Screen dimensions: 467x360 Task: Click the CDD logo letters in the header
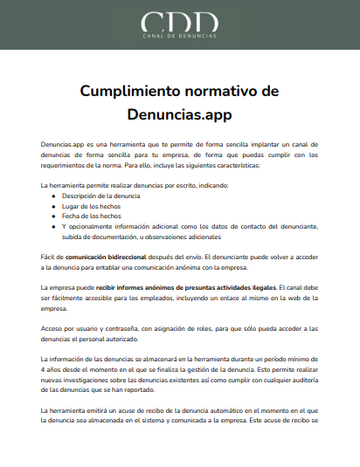180,22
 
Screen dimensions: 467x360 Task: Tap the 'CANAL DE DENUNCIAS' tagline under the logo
180,38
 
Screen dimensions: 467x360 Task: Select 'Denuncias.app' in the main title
180,113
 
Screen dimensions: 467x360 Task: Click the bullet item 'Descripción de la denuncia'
100,196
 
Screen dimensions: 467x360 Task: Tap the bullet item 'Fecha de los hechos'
91,216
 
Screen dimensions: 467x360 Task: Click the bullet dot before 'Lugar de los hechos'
54,206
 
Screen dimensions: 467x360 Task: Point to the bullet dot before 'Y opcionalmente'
54,226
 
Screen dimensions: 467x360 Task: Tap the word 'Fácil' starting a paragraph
49,257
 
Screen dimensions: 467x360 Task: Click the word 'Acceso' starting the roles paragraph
53,328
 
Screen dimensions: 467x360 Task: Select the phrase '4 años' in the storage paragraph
52,369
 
